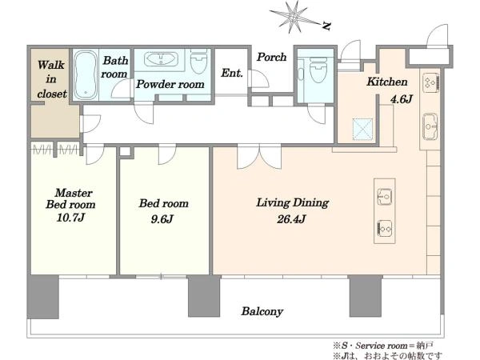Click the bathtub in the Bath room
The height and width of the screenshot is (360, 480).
86,75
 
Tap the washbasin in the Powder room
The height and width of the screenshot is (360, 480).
162,58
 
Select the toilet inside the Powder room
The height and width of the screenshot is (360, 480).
198,62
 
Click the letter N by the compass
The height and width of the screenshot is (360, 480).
327,26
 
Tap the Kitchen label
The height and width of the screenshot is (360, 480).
387,82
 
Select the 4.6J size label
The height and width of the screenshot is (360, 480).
401,99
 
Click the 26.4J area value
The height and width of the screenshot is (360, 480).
291,219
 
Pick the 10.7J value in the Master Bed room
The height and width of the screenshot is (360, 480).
70,218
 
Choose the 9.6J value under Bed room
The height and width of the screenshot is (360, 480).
162,219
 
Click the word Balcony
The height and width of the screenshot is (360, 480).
262,312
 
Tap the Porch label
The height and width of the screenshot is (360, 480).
271,57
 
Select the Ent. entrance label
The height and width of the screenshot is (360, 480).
232,73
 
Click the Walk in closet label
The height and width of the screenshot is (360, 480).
52,79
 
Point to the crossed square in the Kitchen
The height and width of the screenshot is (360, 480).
362,129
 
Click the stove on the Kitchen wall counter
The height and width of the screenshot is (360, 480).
431,82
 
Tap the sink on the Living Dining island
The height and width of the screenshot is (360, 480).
384,196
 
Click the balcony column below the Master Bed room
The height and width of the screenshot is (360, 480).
43,297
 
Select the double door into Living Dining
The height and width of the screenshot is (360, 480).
259,157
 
